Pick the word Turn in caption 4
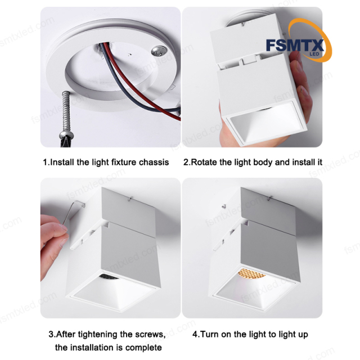(210, 334)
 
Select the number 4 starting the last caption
(195, 334)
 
